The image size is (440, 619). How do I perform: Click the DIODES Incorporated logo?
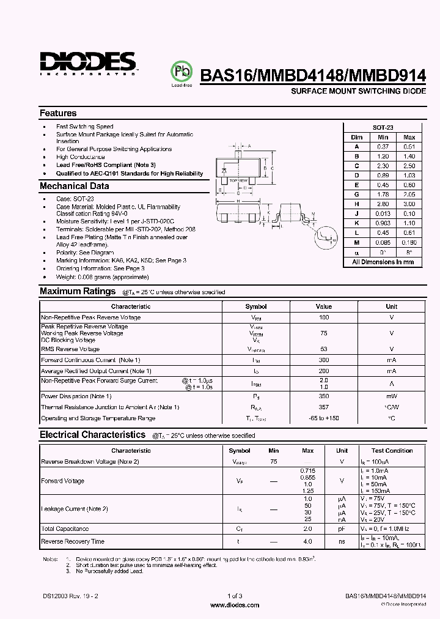88,63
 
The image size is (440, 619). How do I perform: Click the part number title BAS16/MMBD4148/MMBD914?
313,75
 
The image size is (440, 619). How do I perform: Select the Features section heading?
58,113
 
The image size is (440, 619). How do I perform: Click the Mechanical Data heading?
75,186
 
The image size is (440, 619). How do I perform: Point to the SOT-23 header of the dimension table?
383,127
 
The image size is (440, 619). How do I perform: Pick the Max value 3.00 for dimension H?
409,204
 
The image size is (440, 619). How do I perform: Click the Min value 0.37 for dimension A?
383,146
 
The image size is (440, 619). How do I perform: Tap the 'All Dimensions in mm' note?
383,262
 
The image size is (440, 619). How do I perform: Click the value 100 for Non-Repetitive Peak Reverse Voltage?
324,317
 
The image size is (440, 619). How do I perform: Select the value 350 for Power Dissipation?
324,396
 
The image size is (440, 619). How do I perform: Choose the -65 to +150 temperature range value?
324,418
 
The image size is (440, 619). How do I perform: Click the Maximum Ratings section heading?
78,292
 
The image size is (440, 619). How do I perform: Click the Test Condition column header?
392,451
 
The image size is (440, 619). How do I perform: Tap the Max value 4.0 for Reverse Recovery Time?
308,541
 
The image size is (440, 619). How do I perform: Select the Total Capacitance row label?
65,528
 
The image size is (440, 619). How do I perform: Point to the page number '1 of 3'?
235,596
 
